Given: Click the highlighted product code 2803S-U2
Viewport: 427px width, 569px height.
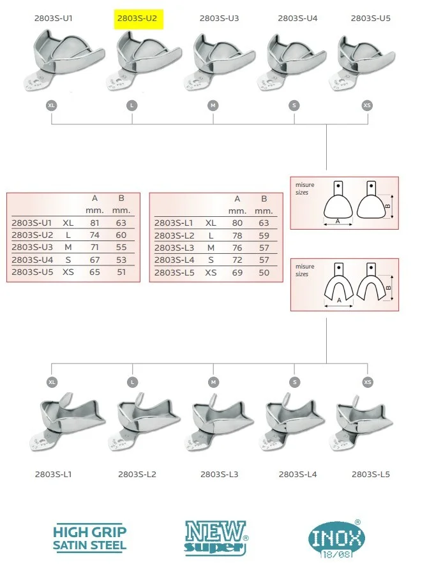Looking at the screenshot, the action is pyautogui.click(x=137, y=18).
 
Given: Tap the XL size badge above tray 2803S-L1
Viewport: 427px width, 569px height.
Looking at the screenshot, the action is pyautogui.click(x=52, y=382).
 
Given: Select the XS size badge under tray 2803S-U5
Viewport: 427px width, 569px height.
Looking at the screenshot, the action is pyautogui.click(x=367, y=106).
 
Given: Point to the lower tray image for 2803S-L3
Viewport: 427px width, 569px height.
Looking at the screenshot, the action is pyautogui.click(x=220, y=423).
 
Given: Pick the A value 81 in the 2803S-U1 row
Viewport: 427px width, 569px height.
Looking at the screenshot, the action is pyautogui.click(x=94, y=223).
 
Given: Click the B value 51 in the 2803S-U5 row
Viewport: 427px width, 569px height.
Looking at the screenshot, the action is pyautogui.click(x=121, y=272).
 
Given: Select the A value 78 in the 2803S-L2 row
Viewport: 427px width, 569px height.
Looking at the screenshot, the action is pyautogui.click(x=237, y=235).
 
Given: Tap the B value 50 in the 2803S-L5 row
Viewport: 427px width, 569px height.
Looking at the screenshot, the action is pyautogui.click(x=264, y=272).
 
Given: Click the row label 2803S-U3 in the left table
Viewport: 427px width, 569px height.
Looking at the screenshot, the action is pyautogui.click(x=33, y=247).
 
